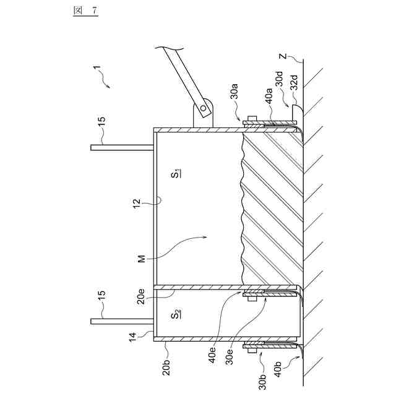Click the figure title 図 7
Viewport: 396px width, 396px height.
[x=80, y=12]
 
